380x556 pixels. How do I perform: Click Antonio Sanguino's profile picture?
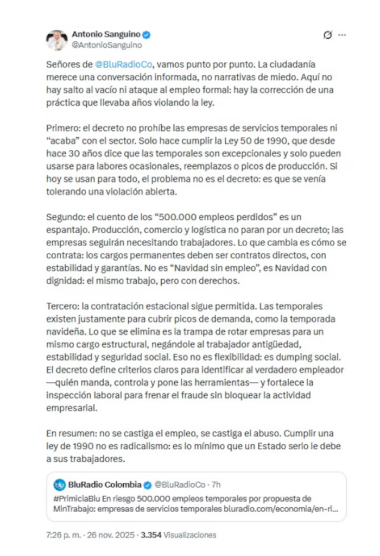[56, 40]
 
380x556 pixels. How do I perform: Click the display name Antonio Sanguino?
[106, 35]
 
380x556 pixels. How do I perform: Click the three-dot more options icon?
[342, 35]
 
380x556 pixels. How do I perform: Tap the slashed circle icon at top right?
[327, 35]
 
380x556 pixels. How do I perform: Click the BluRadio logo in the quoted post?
[59, 484]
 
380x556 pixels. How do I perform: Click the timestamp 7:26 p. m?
[64, 535]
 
